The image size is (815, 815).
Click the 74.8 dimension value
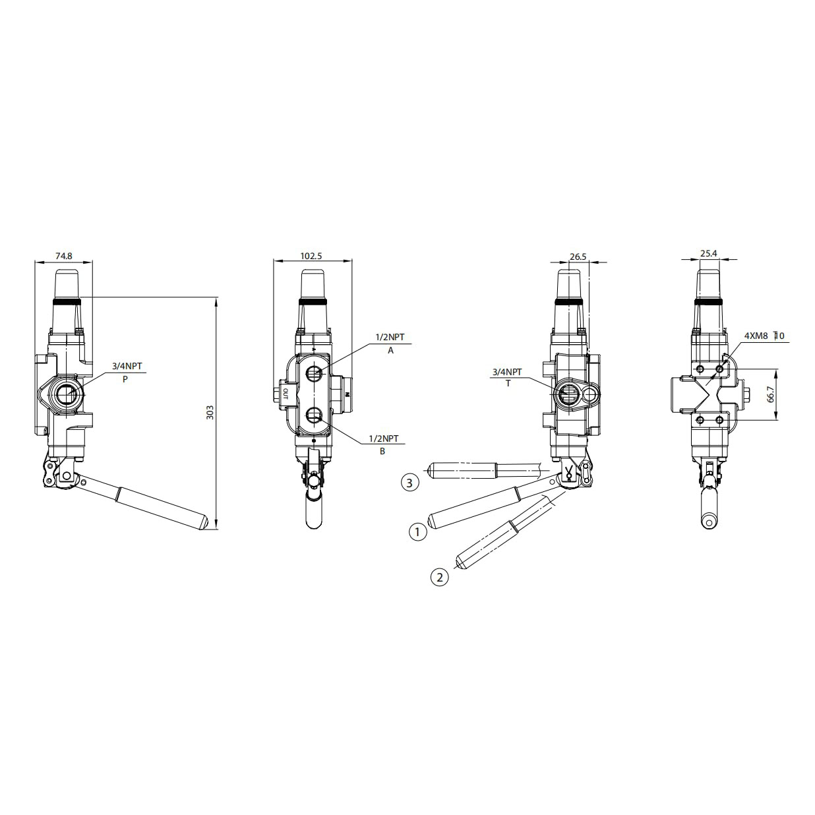tap(64, 256)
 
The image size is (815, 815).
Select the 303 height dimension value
tap(210, 412)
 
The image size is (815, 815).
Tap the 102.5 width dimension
tap(311, 256)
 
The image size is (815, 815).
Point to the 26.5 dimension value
tap(578, 257)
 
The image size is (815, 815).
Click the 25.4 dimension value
tap(709, 253)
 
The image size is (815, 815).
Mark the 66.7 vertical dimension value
tap(771, 394)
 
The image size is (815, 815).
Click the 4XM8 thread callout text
tap(756, 336)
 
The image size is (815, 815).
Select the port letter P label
tap(125, 379)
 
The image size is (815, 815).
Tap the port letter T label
tap(508, 384)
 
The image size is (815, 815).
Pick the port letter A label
tap(391, 350)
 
